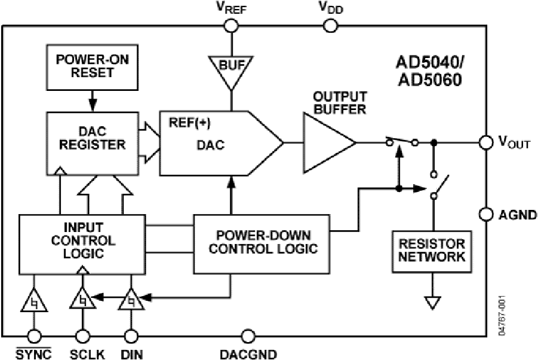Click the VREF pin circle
coord(230,26)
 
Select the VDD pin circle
coord(329,26)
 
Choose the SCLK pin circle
coord(82,336)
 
